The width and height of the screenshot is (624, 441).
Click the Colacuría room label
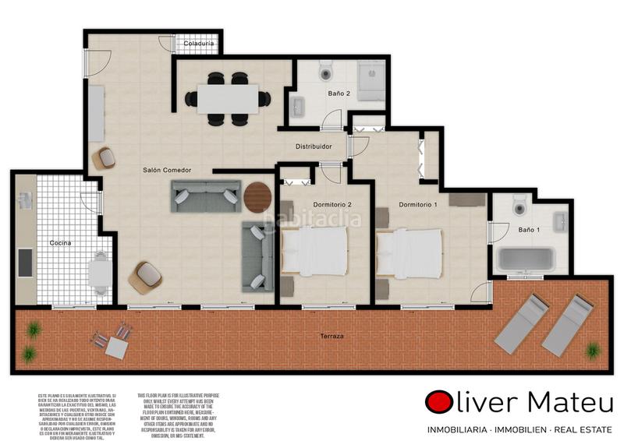click(199, 44)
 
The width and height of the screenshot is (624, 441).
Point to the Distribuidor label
click(314, 146)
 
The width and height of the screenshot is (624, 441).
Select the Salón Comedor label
click(167, 170)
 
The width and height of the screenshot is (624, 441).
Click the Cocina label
click(60, 243)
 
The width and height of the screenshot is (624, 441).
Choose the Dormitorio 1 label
click(418, 204)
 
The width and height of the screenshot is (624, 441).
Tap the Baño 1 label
click(530, 230)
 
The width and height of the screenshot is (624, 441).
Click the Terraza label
click(331, 336)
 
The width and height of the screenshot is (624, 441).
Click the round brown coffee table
click(258, 196)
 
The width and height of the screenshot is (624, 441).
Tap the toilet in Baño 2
click(325, 72)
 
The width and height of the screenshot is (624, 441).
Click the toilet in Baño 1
click(520, 206)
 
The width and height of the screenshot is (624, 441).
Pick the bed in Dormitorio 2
click(314, 251)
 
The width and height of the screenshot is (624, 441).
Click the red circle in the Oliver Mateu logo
click(439, 403)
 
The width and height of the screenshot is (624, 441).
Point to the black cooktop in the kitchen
click(25, 263)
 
